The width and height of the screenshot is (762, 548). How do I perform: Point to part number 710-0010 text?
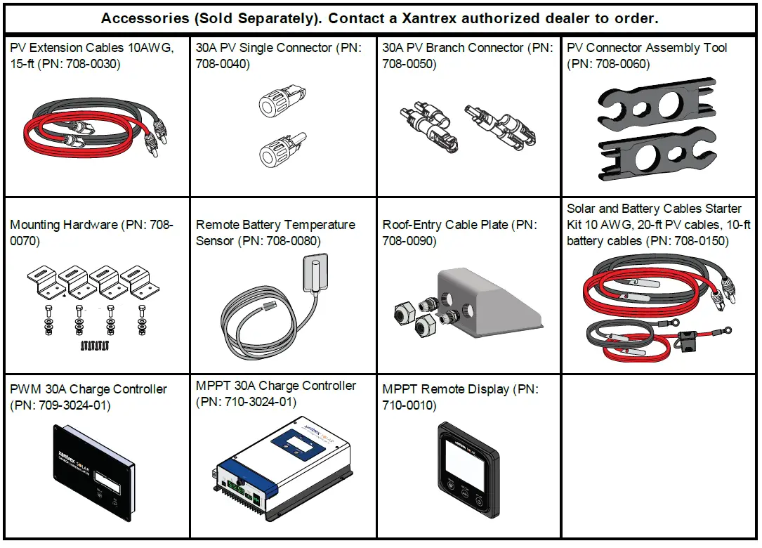(x=409, y=405)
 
